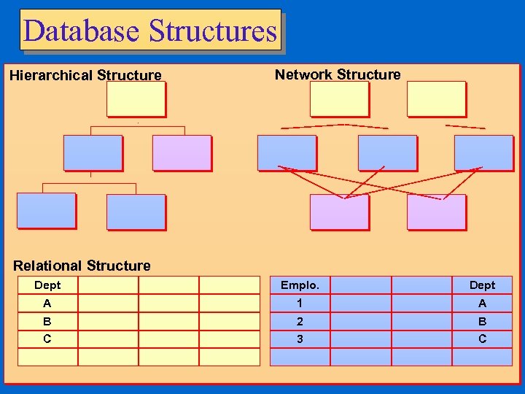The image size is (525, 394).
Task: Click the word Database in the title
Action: pos(81,31)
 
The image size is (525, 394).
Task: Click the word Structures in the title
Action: pos(212,31)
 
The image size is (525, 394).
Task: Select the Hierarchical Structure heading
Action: pos(85,75)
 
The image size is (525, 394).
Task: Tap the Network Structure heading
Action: pos(338,74)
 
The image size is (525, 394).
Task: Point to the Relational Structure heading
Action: pos(82,266)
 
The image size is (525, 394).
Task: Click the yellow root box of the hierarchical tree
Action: pos(136,98)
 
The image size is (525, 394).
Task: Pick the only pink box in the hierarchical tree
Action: pos(182,152)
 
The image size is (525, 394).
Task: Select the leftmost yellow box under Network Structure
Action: pos(339,98)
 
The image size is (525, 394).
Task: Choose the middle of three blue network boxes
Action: pos(387,152)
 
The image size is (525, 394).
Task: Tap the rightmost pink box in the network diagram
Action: pos(436,212)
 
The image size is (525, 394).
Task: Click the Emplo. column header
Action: pos(300,285)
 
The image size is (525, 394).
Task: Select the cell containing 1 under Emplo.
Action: pos(300,304)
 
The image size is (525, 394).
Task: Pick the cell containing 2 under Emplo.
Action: pos(300,321)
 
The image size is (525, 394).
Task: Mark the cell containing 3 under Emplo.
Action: pos(300,339)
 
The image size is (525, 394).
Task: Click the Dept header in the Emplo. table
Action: pos(482,285)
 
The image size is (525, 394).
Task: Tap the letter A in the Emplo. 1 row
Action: pos(482,304)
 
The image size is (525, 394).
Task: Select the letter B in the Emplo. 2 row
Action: pos(482,321)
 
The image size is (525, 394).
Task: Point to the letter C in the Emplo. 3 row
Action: pos(482,339)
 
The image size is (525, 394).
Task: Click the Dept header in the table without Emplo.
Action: pos(47,285)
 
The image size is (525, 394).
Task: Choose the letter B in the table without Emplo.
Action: pos(47,321)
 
